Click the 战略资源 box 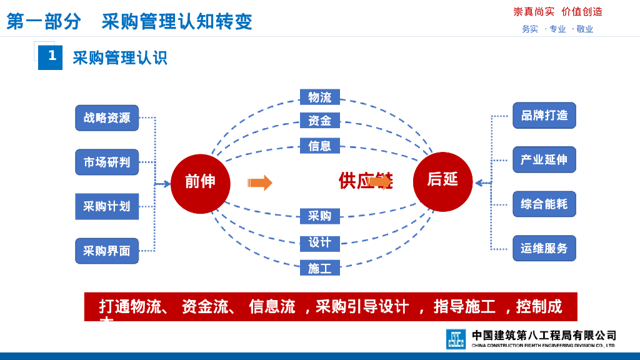point(107,117)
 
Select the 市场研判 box point(107,162)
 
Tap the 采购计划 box point(107,206)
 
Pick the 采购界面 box point(107,251)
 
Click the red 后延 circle point(442,181)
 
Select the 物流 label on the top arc point(319,97)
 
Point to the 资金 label point(319,121)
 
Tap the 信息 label point(319,146)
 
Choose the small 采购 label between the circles point(319,216)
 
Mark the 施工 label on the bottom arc point(319,268)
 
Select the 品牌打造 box point(544,116)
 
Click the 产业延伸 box point(544,160)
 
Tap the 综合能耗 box point(544,204)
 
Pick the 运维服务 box point(544,249)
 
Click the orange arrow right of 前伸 point(260,182)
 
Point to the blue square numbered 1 point(51,57)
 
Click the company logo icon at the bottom point(456,339)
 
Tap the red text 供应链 point(356,181)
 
